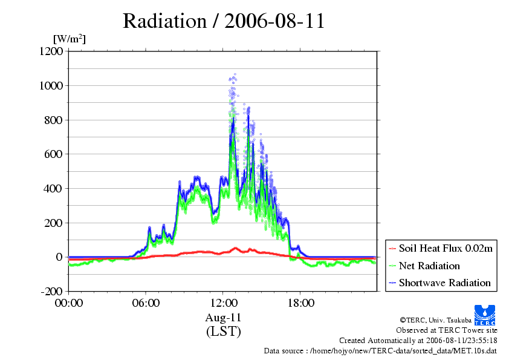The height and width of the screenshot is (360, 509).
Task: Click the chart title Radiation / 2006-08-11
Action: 224,21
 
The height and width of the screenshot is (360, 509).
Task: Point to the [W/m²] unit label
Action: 70,39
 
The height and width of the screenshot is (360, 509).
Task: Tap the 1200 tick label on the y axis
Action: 51,51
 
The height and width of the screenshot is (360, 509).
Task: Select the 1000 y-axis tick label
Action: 51,85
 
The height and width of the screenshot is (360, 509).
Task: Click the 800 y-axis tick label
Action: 54,120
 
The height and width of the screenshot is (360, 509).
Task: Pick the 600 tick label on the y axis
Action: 54,154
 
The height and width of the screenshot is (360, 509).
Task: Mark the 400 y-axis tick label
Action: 54,188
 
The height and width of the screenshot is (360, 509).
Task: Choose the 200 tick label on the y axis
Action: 54,223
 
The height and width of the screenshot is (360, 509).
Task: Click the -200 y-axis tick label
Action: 52,291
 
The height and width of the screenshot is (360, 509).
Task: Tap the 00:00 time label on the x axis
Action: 69,303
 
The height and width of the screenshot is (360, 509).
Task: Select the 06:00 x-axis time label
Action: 146,303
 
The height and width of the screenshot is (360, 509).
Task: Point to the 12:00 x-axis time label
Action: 223,303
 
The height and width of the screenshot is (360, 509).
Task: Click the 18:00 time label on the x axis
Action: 300,303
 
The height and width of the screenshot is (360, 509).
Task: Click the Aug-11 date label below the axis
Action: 223,318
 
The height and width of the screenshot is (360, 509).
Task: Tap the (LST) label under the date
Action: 224,332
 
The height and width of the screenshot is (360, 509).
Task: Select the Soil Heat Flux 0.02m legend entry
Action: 441,249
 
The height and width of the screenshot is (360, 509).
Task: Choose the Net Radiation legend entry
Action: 424,266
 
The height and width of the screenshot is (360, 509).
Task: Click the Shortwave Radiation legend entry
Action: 440,283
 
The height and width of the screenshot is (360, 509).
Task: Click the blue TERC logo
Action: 485,315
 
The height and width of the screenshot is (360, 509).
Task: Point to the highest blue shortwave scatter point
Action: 235,74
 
